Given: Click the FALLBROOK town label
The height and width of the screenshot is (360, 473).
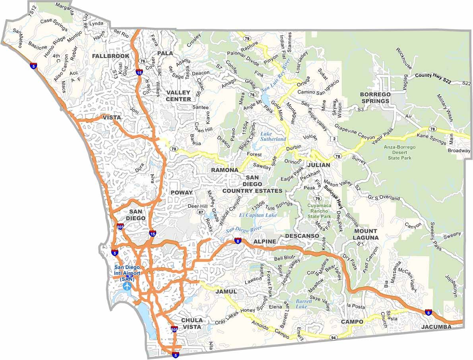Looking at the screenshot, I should coord(110,56).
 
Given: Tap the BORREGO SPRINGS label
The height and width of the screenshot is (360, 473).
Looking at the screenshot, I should coord(375,97).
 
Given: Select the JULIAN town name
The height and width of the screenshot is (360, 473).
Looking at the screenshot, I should coord(318,165).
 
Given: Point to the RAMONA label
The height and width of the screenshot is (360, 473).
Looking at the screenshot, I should coord(225,170).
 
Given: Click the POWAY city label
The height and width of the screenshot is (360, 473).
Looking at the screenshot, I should coord(181,193).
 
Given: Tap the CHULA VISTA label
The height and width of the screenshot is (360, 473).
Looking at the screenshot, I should coord(192,323).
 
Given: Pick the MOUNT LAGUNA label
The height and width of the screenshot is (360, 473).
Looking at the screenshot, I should coord(366,234).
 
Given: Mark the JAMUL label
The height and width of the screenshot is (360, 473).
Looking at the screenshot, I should coord(226,292).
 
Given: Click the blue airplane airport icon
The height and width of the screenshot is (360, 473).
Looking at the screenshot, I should coord(127,286).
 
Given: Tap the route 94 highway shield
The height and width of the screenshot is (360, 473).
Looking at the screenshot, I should coord(333,337).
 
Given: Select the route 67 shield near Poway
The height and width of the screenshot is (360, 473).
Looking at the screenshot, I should coord(201,212).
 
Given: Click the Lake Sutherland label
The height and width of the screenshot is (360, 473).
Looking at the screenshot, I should coord(273,136).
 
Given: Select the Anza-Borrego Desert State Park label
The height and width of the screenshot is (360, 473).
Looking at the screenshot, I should coord(399,152).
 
